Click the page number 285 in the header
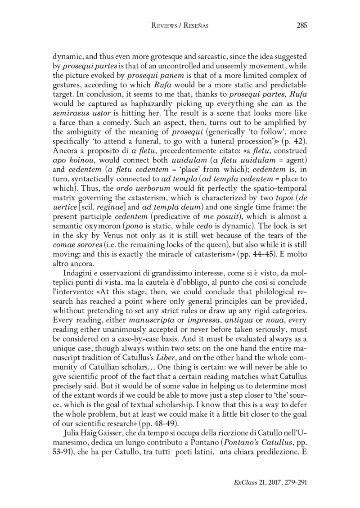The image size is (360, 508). (301, 25)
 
